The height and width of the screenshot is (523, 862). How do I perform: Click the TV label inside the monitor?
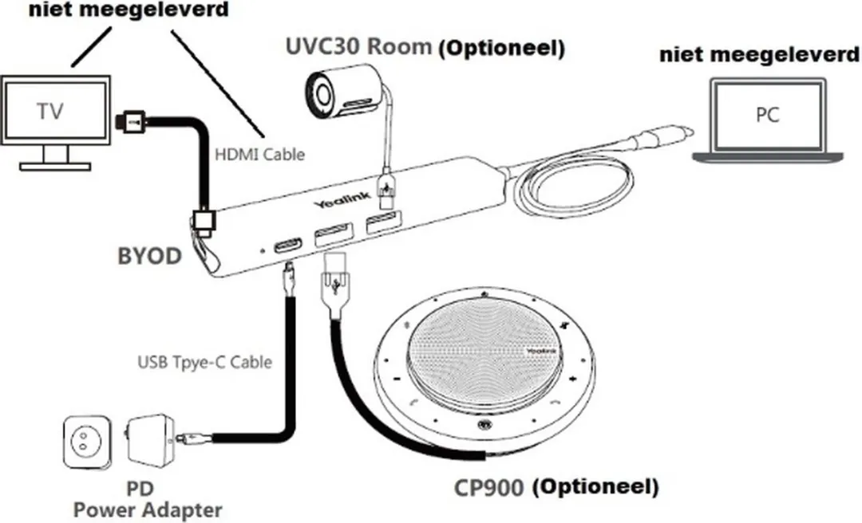[50, 112]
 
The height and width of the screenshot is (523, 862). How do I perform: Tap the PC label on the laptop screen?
[767, 115]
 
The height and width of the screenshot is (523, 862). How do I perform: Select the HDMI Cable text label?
[259, 155]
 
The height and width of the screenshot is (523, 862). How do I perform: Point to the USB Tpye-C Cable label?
[204, 362]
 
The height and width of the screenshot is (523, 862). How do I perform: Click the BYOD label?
[149, 256]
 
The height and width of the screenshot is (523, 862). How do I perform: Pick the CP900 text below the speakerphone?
[488, 487]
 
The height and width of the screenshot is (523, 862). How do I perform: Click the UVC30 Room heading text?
[358, 46]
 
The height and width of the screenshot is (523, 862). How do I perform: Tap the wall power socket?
[87, 442]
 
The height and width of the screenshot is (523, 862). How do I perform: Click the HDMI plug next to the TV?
[131, 121]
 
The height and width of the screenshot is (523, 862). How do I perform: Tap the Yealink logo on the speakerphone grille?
[541, 351]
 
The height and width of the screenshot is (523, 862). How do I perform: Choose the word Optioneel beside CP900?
[595, 487]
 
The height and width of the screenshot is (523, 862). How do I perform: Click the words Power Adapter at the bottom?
[148, 510]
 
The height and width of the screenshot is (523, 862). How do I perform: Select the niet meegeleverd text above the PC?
[759, 54]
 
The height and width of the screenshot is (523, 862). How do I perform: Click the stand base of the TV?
[55, 165]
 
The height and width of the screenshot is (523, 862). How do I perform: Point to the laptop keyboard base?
[768, 157]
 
